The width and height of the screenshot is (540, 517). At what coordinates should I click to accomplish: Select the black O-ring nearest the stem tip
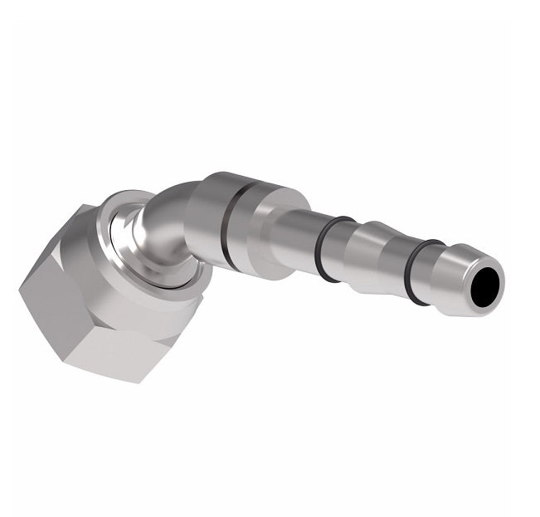[423, 272]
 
